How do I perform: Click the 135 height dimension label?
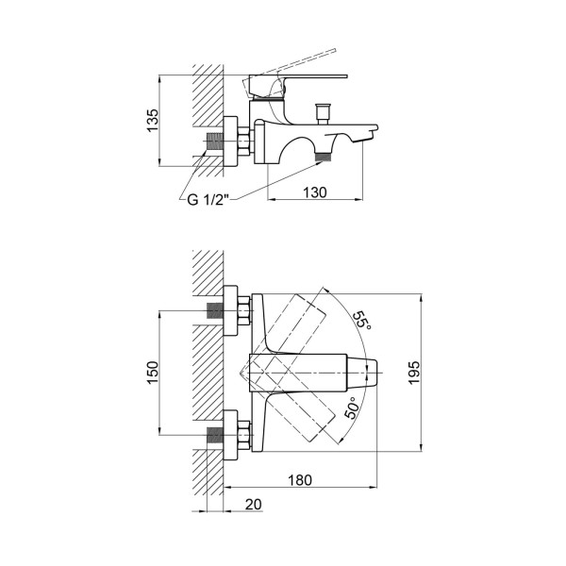click(153, 120)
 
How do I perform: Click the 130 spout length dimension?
click(315, 192)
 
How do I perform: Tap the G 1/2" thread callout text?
click(208, 199)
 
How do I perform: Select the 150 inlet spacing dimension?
click(153, 373)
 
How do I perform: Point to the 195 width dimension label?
click(414, 373)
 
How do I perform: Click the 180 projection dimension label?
click(300, 480)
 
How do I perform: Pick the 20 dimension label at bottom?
click(254, 505)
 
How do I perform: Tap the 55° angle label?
click(361, 320)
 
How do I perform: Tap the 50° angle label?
click(352, 408)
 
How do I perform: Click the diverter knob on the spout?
click(323, 113)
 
